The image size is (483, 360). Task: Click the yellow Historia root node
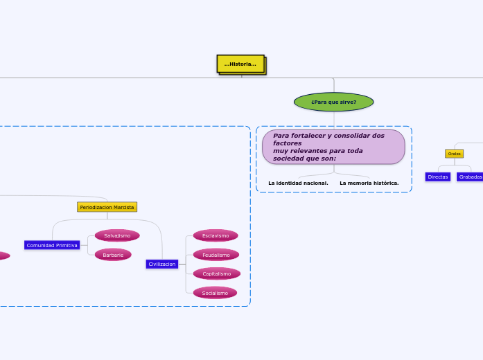(x=240, y=64)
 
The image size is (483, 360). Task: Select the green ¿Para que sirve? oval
(x=333, y=102)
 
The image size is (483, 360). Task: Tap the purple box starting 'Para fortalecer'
(x=333, y=147)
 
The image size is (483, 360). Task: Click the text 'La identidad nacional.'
(x=298, y=183)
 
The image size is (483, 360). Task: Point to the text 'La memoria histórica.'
(x=369, y=183)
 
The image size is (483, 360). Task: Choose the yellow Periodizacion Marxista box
(x=107, y=207)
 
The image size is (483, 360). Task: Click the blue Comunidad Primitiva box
(x=52, y=245)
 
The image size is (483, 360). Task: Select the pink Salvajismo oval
(x=117, y=235)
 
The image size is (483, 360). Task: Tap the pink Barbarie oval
(x=113, y=255)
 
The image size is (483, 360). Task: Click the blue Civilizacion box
(x=162, y=264)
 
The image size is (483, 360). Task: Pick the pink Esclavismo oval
(x=216, y=235)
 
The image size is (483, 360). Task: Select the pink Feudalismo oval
(x=216, y=255)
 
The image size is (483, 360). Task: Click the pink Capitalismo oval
(x=216, y=273)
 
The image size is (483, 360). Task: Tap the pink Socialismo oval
(x=215, y=293)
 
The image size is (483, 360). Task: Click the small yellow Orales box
(x=454, y=154)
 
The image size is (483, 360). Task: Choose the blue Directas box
(x=437, y=177)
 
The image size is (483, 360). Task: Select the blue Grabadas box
(x=470, y=177)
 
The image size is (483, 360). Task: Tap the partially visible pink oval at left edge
(x=3, y=255)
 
